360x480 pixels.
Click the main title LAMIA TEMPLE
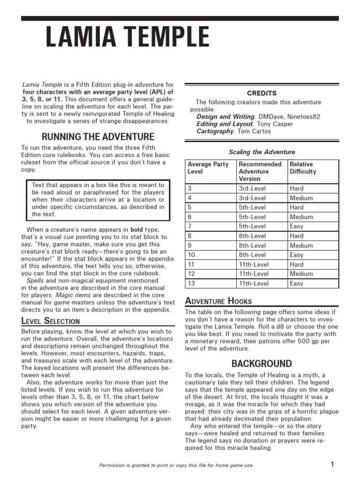click(x=127, y=38)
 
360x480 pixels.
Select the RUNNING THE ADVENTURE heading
click(x=98, y=137)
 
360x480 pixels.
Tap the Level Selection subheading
click(x=51, y=321)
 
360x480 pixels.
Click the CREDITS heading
click(x=262, y=93)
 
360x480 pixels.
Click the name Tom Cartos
click(x=254, y=132)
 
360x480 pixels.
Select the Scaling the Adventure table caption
click(x=262, y=152)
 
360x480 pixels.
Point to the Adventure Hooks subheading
click(x=218, y=301)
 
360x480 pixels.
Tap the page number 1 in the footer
click(x=332, y=465)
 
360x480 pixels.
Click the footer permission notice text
click(x=176, y=465)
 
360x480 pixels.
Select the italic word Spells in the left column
click(x=35, y=281)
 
